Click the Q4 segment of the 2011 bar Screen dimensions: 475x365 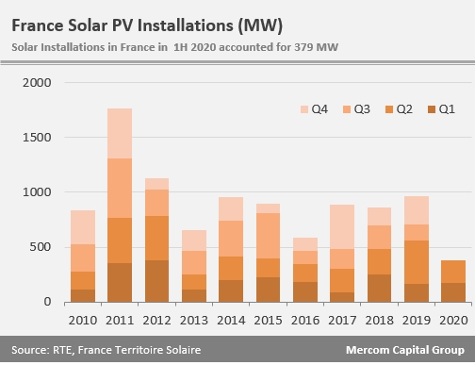(120, 134)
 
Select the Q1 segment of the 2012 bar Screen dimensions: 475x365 (156, 281)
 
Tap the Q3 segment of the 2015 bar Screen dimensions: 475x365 (268, 236)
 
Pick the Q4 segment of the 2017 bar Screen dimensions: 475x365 (342, 227)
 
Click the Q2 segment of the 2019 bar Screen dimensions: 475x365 (417, 262)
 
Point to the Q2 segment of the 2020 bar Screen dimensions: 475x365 (453, 272)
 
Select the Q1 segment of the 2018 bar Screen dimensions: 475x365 (379, 289)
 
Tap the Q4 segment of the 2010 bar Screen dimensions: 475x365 (83, 227)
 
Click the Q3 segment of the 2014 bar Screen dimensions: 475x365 (231, 239)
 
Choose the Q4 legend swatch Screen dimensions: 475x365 (304, 109)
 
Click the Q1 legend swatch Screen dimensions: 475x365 (432, 109)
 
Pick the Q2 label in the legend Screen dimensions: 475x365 (404, 109)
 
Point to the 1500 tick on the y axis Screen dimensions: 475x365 (37, 138)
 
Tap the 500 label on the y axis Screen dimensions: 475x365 (41, 247)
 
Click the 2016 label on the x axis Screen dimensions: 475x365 (305, 321)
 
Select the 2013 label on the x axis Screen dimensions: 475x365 (194, 321)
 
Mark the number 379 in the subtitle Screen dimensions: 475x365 (303, 47)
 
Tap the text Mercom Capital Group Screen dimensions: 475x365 (405, 350)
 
